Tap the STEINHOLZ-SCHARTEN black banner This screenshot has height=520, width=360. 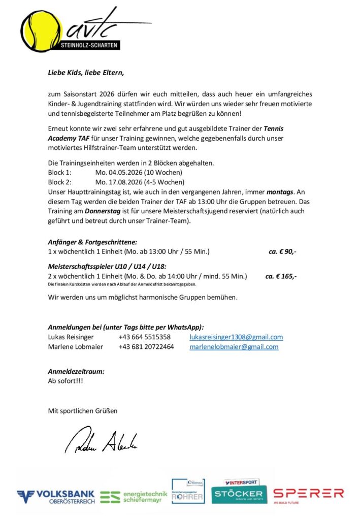point(89,46)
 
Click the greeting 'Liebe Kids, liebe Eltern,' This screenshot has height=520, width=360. point(86,72)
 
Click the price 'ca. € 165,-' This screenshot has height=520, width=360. point(281,276)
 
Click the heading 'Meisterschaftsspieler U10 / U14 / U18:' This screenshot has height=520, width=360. point(107,267)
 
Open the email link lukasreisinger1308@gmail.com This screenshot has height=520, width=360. point(236,337)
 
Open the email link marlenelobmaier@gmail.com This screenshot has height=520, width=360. point(234,347)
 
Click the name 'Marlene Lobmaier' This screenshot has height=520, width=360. point(75,347)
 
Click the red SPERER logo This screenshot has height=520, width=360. point(308,494)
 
